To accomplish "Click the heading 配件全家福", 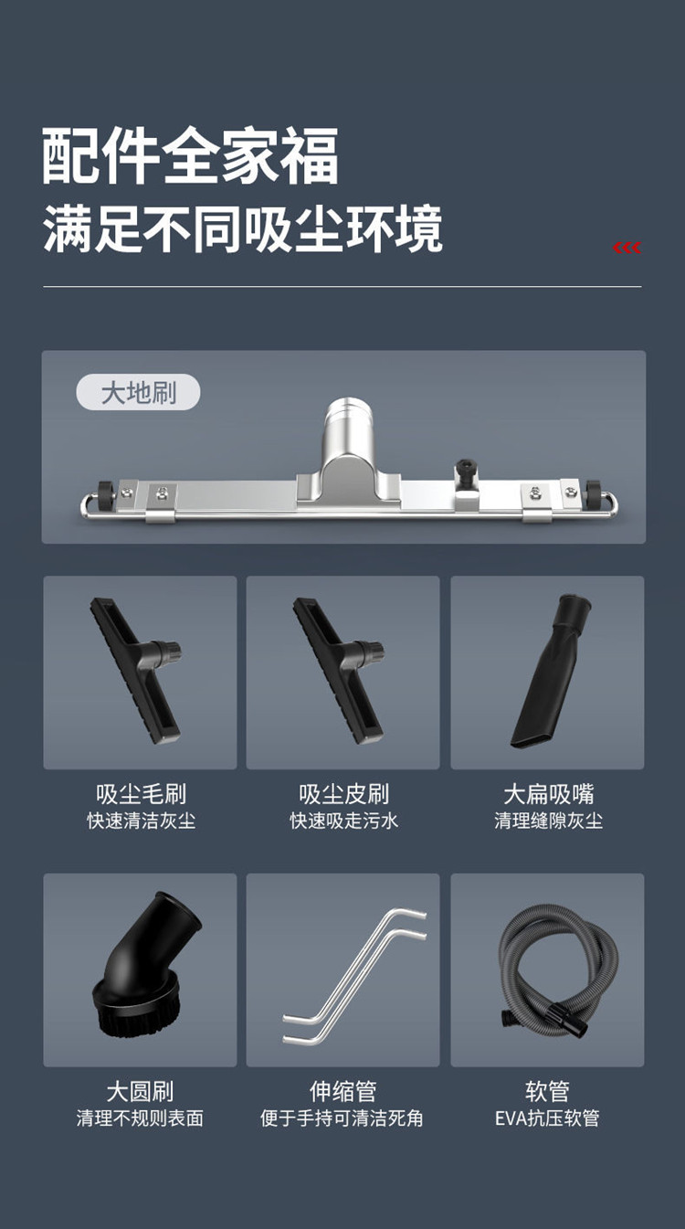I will tap(190, 155).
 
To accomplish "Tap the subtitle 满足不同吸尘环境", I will tap(243, 229).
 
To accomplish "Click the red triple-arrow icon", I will tap(627, 249).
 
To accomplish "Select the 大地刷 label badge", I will tap(138, 394).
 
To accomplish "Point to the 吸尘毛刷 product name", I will tap(141, 794).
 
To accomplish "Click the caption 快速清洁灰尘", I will tap(141, 821).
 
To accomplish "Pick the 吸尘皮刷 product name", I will tap(343, 794).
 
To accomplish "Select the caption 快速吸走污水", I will tap(343, 821).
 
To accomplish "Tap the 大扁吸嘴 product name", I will tap(548, 794).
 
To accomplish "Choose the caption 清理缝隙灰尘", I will tap(548, 821).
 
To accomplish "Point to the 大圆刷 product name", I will tap(140, 1091).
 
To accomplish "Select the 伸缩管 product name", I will tap(342, 1091).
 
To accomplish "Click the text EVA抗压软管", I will tap(547, 1118).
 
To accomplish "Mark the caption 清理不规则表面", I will tap(140, 1118).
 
